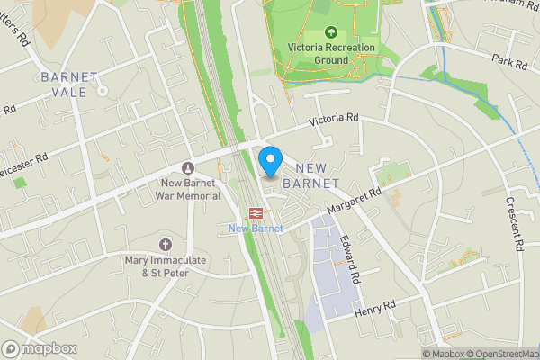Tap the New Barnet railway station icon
coord(256,213)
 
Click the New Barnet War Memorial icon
coord(188,168)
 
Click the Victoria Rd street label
coord(334,119)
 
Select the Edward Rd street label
coord(350,262)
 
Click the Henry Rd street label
coord(375,309)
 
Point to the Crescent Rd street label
coord(515,226)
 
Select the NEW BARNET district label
coord(310,175)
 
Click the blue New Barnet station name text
coord(256,229)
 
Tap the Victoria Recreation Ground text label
coord(329,54)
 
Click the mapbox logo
coord(39,348)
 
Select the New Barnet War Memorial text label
coord(187,189)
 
